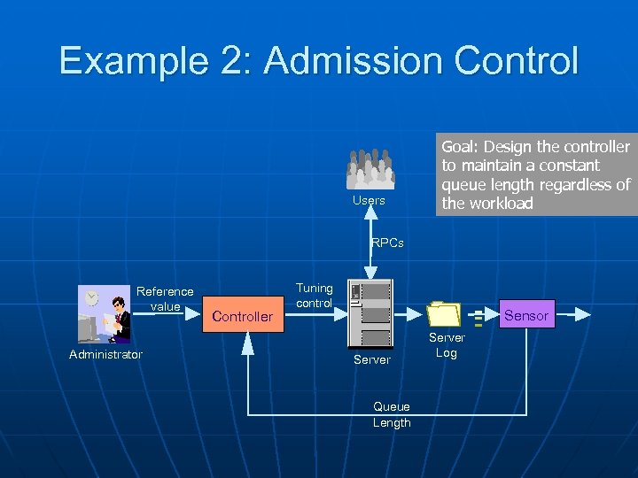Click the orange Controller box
point(243,316)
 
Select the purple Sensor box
point(525,314)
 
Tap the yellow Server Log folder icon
point(444,313)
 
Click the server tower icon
point(370,314)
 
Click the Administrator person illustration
point(104,314)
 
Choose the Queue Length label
point(392,415)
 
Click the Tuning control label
point(314,296)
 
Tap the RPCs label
point(387,243)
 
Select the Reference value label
point(165,298)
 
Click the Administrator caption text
point(105,355)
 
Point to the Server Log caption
point(447,345)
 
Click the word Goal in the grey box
point(460,146)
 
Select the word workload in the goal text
point(501,204)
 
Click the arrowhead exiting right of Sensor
point(583,313)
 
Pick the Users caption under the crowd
point(369,200)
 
